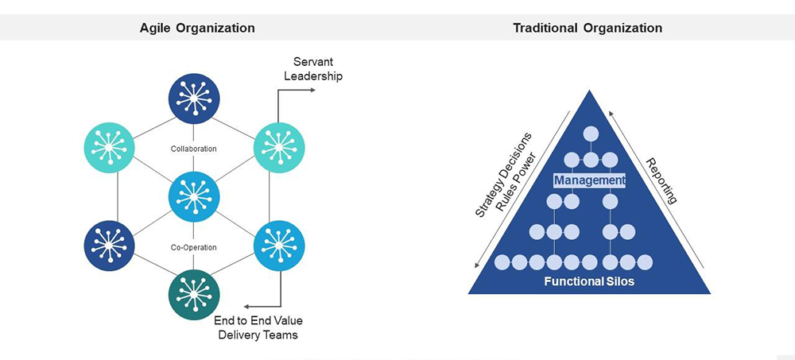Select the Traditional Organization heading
588,28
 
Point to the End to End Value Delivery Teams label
258,327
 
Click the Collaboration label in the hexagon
193,149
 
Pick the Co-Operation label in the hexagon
193,247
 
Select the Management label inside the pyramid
590,181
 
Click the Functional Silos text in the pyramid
589,281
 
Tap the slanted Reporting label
661,181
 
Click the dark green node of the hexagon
193,295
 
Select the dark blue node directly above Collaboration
193,99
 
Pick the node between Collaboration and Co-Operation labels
193,196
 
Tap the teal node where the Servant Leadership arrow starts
278,148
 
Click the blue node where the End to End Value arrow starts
278,246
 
